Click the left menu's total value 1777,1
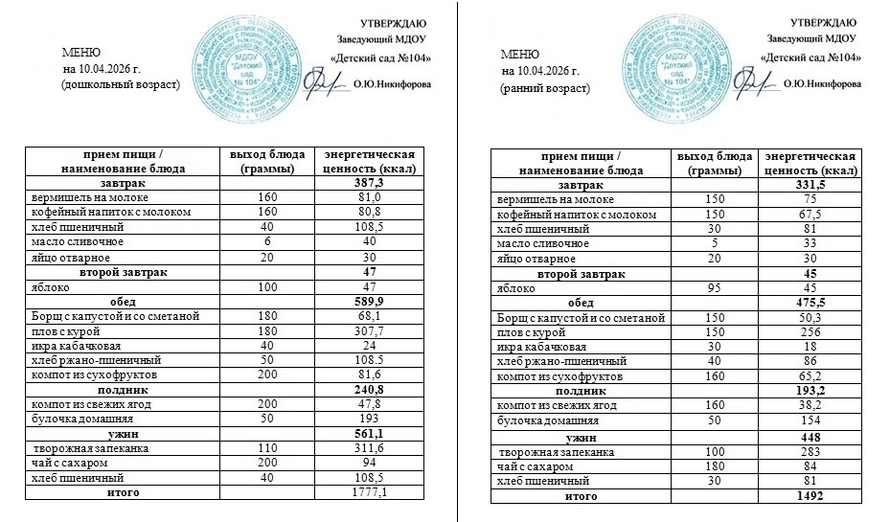click(x=369, y=492)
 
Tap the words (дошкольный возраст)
click(x=120, y=85)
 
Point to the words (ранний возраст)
click(x=545, y=87)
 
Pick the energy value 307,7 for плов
click(x=369, y=331)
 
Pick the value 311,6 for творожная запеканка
click(x=369, y=448)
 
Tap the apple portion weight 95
click(x=709, y=288)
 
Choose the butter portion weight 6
click(x=267, y=242)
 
